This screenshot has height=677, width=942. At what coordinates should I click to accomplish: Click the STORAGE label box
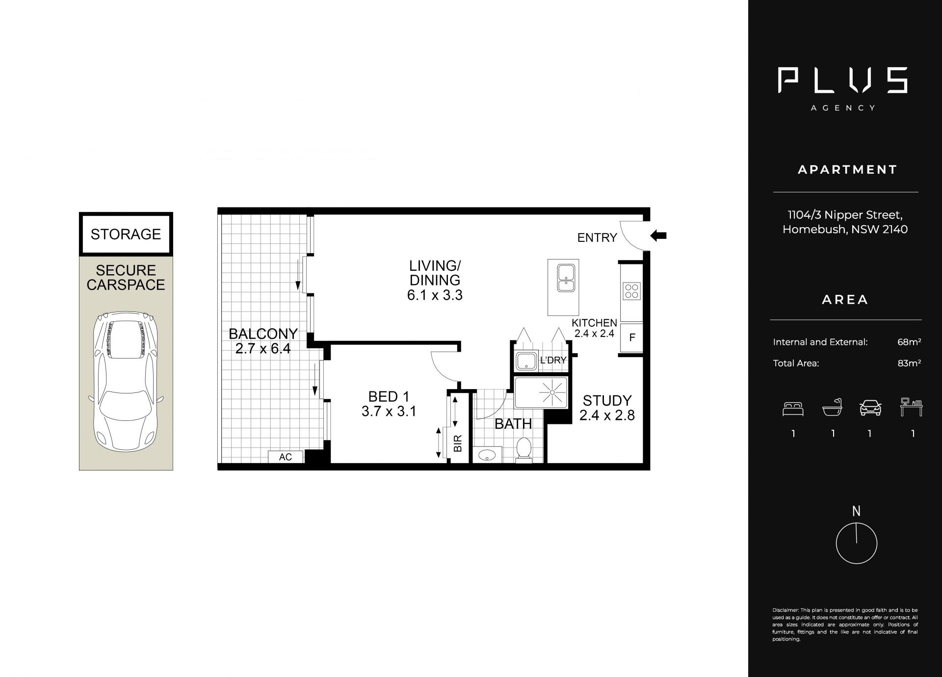coord(126,234)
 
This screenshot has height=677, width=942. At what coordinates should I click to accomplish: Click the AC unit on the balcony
coord(286,457)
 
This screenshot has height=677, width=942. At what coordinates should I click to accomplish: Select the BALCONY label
coord(263,334)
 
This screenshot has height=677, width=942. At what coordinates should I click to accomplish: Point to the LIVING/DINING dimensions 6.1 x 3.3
coord(435,295)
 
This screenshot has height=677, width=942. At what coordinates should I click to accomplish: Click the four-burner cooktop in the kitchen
coord(631,290)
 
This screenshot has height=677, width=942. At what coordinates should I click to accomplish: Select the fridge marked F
coord(632,338)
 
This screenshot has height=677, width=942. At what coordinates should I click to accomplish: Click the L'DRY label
coord(553,360)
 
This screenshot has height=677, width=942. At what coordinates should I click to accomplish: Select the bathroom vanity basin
coord(487,454)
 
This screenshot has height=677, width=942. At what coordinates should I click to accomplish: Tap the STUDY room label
coord(607,400)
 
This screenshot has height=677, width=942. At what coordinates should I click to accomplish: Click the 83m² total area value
coord(909,363)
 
